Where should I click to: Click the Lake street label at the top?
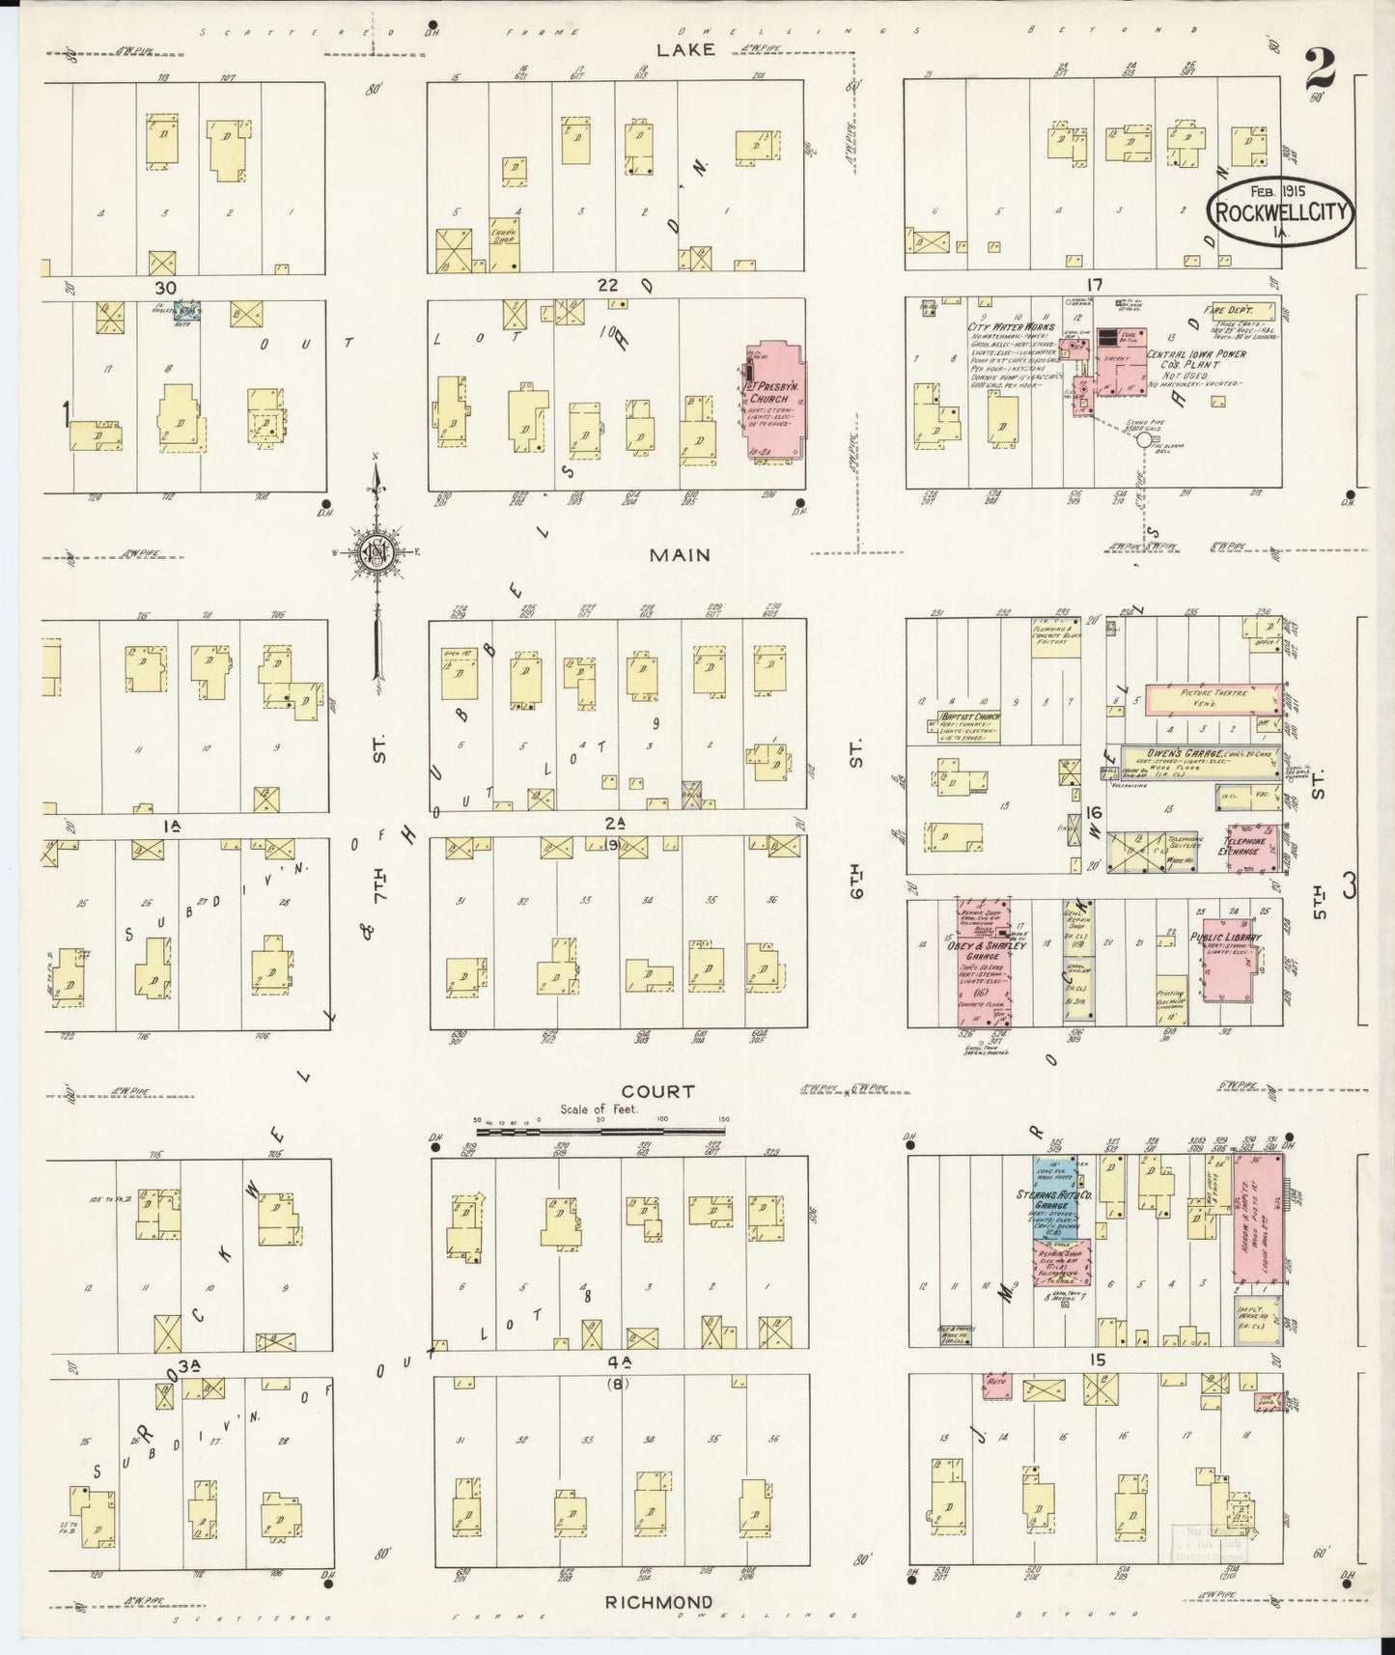coord(686,49)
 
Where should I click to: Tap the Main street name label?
coord(680,555)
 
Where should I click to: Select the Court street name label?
coord(659,1091)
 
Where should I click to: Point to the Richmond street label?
coord(659,1601)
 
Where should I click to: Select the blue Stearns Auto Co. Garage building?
coord(1052,1197)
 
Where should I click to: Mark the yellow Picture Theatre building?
coord(1214,699)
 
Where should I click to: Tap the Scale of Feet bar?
coord(600,1128)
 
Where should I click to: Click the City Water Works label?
coord(1011,327)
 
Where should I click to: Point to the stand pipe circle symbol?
coord(1144,439)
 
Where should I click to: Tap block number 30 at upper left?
coord(165,287)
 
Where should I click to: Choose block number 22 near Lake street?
coord(607,284)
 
